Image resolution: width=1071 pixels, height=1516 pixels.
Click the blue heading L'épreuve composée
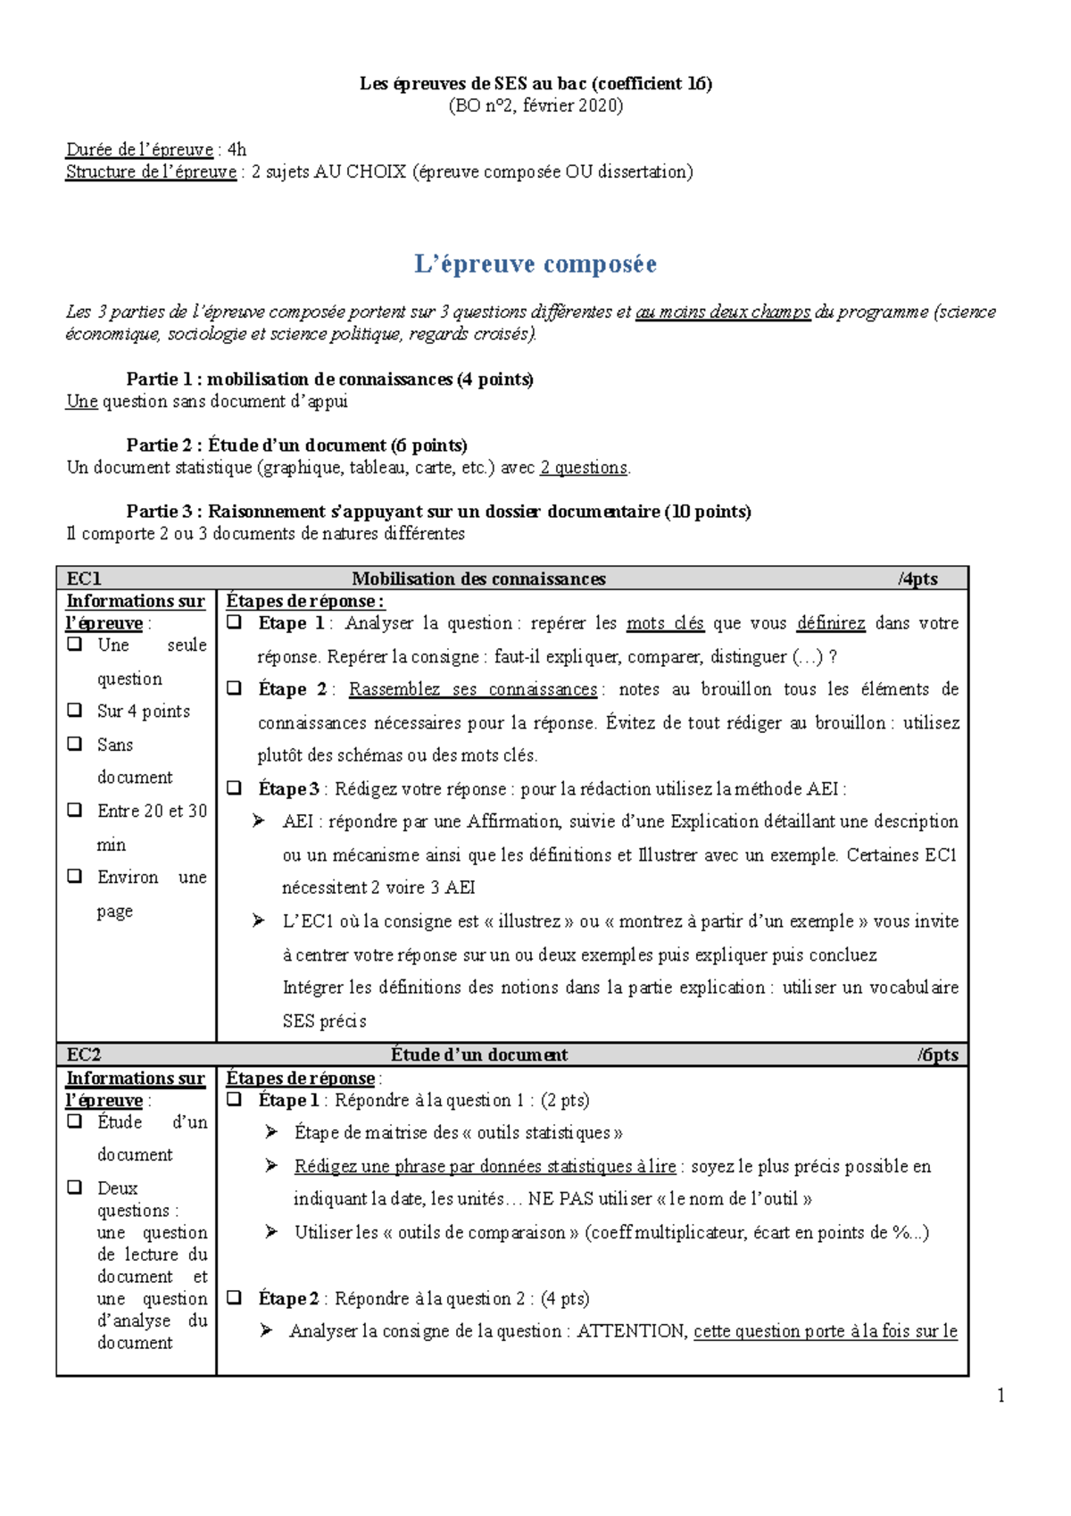point(535,264)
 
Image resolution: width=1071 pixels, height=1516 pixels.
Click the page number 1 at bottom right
point(1001,1395)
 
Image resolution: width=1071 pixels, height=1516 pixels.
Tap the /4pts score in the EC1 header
point(918,579)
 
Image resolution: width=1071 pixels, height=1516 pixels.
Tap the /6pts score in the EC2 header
point(938,1054)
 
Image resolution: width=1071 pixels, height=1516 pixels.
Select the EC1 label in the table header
point(84,579)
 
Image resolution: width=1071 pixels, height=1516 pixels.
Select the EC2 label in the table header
point(84,1054)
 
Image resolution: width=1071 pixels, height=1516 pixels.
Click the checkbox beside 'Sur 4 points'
point(75,710)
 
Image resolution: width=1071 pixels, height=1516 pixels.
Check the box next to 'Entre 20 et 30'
point(75,810)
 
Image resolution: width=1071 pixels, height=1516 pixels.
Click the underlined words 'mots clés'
point(665,623)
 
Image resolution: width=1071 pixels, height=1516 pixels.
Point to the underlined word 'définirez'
point(831,623)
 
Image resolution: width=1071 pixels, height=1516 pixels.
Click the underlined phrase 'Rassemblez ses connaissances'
point(473,689)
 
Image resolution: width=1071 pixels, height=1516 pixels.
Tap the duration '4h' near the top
point(237,150)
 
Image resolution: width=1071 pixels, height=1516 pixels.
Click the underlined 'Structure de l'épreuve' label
point(151,171)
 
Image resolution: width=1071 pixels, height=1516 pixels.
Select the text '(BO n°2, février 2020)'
point(535,105)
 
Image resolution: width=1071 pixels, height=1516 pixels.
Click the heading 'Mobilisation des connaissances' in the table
point(478,579)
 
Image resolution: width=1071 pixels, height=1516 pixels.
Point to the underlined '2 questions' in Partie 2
point(584,467)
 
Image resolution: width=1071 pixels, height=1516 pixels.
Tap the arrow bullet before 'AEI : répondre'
point(259,820)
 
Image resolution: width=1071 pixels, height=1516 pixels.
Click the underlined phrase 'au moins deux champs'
point(723,312)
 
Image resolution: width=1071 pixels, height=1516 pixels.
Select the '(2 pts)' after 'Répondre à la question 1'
point(565,1100)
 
